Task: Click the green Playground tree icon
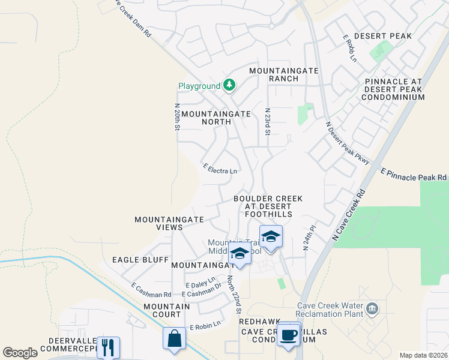click(x=229, y=86)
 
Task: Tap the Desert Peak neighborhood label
click(x=383, y=36)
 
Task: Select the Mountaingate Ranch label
click(x=283, y=74)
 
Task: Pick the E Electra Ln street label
click(x=220, y=170)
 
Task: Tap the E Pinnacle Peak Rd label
click(x=414, y=175)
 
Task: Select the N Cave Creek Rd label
click(x=348, y=217)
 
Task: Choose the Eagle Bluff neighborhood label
click(x=134, y=260)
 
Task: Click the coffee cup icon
click(x=289, y=335)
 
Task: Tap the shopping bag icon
click(x=174, y=338)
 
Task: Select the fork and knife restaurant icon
click(x=108, y=347)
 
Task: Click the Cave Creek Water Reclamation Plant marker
click(x=372, y=308)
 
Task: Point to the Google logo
click(x=20, y=353)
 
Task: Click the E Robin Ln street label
click(x=205, y=325)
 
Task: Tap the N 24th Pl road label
click(x=310, y=238)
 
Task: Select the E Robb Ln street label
click(x=349, y=48)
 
